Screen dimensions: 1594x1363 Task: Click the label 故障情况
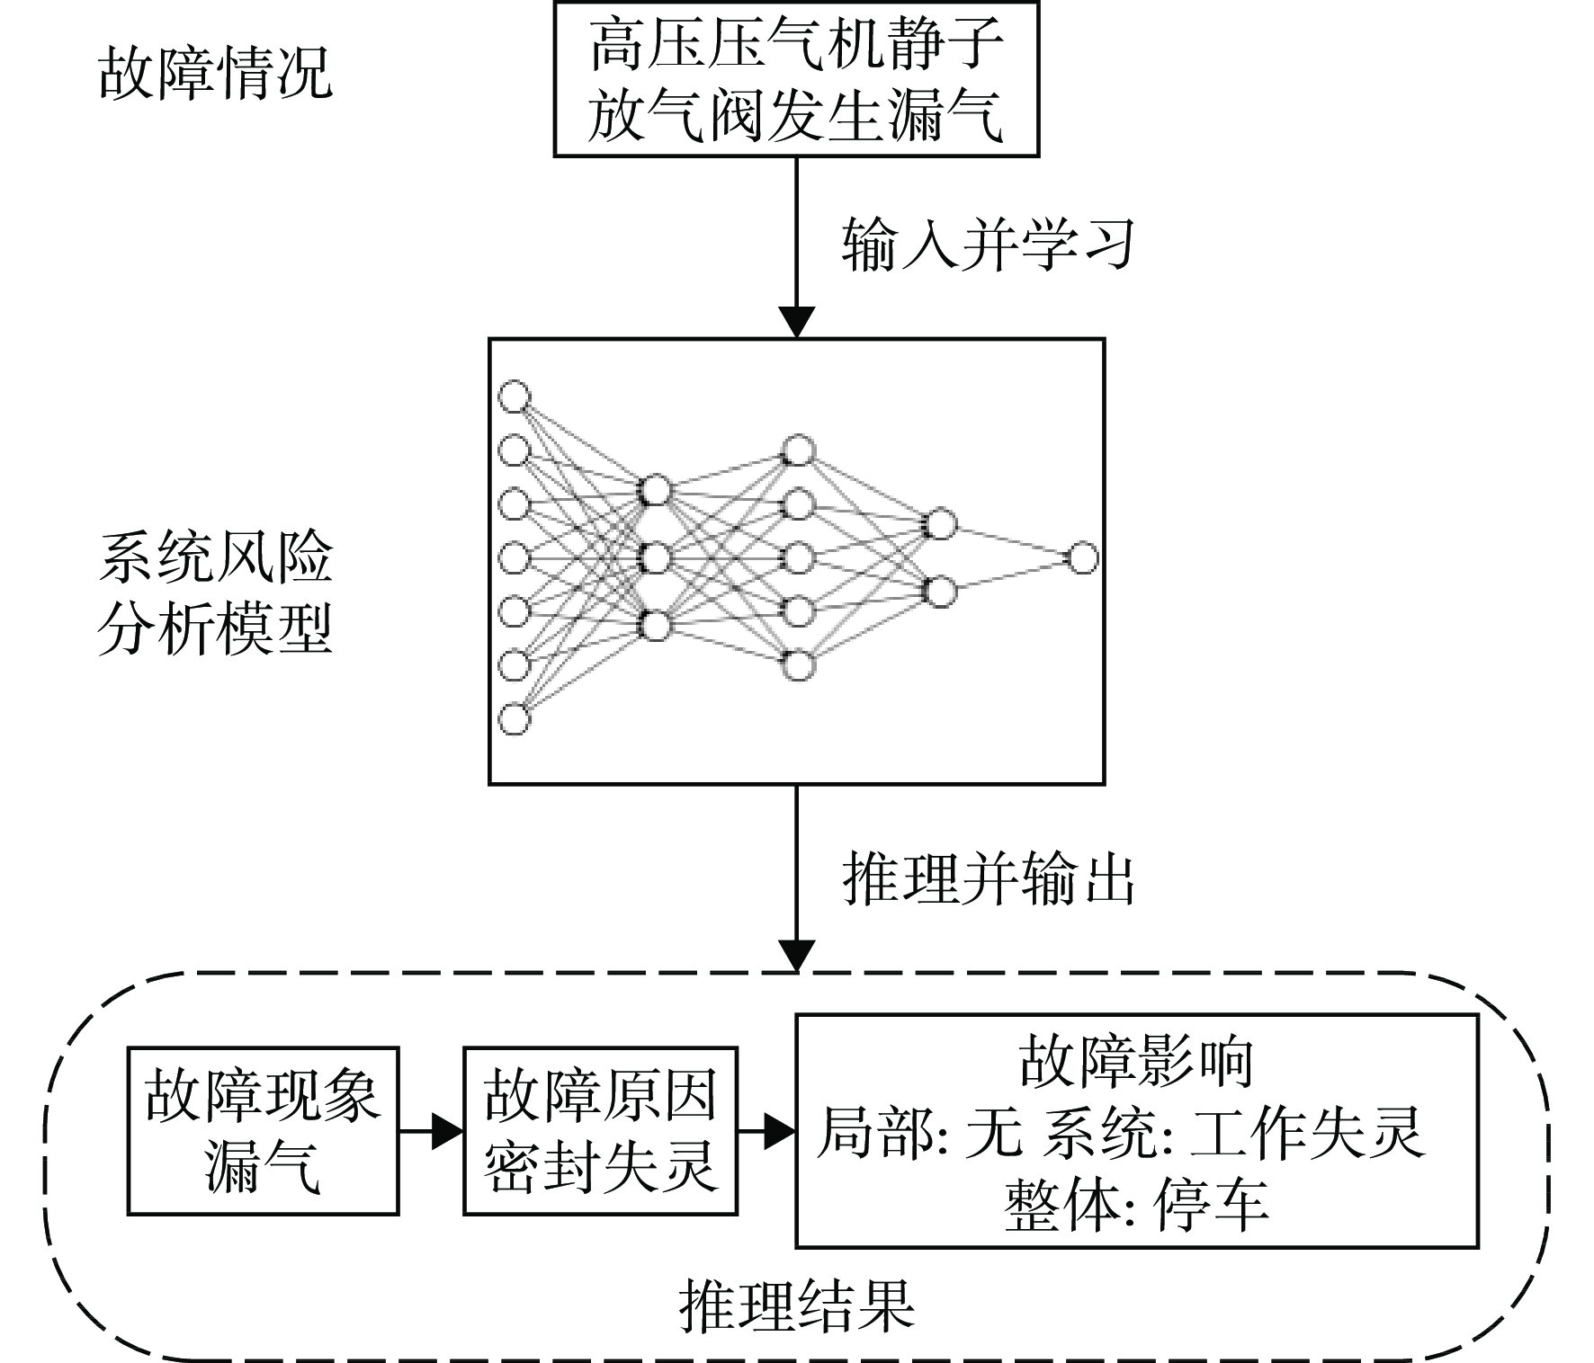pyautogui.click(x=215, y=73)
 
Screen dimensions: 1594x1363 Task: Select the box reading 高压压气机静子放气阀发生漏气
pyautogui.click(x=796, y=79)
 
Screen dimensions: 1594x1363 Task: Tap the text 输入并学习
pyautogui.click(x=988, y=244)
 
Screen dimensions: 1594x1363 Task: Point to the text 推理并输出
pyautogui.click(x=988, y=877)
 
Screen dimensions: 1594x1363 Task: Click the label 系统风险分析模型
pyautogui.click(x=215, y=593)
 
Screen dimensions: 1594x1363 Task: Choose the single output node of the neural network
pyautogui.click(x=1082, y=558)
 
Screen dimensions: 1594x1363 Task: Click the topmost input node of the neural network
pyautogui.click(x=515, y=396)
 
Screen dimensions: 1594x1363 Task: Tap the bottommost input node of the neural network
pyautogui.click(x=515, y=719)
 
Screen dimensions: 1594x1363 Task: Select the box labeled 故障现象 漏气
pyautogui.click(x=263, y=1131)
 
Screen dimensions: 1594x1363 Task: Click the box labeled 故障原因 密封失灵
pyautogui.click(x=600, y=1131)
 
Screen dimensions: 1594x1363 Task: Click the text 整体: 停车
pyautogui.click(x=1136, y=1204)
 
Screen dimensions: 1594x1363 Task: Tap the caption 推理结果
pyautogui.click(x=796, y=1305)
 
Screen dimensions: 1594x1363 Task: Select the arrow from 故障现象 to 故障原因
pyautogui.click(x=431, y=1131)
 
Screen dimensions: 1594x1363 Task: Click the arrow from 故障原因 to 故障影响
pyautogui.click(x=766, y=1131)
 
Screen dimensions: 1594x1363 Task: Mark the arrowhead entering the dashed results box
pyautogui.click(x=796, y=957)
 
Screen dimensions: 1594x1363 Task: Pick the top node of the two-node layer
pyautogui.click(x=940, y=523)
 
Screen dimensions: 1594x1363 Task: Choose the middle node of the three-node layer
pyautogui.click(x=655, y=558)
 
